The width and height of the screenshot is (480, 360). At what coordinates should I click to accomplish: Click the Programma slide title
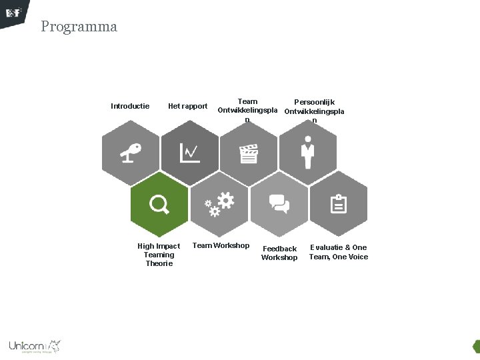[79, 27]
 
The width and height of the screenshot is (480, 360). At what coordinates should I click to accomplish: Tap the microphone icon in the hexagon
[131, 153]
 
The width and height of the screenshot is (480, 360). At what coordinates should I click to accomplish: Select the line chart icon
[189, 153]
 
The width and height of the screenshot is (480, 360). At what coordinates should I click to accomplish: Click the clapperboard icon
[249, 154]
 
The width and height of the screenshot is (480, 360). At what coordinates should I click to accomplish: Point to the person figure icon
[307, 153]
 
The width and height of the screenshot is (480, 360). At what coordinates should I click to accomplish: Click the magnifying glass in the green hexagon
[159, 204]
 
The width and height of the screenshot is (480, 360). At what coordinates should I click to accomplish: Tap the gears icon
[219, 204]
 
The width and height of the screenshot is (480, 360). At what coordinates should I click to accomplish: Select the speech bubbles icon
[279, 203]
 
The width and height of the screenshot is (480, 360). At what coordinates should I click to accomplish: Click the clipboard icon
[339, 204]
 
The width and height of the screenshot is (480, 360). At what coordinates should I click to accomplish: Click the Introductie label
[130, 106]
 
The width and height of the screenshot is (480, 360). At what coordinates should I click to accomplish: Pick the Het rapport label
[188, 106]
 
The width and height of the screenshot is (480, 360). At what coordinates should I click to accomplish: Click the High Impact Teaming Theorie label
[159, 255]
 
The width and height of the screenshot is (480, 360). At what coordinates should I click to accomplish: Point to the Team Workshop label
[221, 245]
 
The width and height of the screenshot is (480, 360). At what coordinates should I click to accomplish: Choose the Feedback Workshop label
[279, 253]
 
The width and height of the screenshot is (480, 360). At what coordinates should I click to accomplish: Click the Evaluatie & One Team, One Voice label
[338, 252]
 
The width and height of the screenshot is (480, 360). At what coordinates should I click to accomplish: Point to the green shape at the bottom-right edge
[476, 347]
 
